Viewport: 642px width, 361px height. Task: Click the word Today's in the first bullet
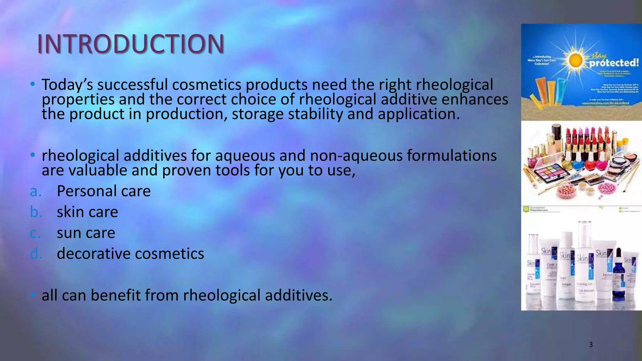tap(67, 85)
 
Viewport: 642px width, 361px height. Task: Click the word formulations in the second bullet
tap(452, 156)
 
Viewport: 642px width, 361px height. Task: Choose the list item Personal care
tap(103, 191)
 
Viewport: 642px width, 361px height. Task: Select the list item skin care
tap(87, 212)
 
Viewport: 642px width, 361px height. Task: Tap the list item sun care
tap(86, 233)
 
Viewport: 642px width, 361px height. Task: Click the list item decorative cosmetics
tap(130, 254)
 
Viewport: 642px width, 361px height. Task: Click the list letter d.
tap(35, 254)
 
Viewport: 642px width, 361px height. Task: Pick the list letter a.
tap(35, 191)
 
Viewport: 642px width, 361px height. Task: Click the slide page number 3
tap(591, 345)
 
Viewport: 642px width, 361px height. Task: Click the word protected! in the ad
tap(613, 63)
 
